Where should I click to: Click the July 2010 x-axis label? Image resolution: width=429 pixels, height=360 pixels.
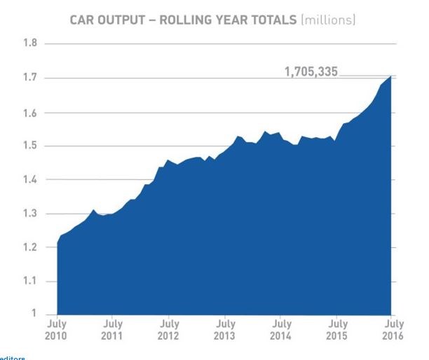(x=57, y=330)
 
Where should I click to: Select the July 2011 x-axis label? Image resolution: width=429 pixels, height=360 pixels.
(x=113, y=330)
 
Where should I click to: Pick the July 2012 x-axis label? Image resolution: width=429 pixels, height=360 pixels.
(x=169, y=330)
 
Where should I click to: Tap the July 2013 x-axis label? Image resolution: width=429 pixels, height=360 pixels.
(x=225, y=330)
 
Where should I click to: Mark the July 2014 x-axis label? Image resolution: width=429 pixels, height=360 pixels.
(x=281, y=330)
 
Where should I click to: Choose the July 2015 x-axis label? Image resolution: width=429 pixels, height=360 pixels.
(x=337, y=330)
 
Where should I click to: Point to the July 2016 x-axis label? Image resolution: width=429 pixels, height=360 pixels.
(x=393, y=330)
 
